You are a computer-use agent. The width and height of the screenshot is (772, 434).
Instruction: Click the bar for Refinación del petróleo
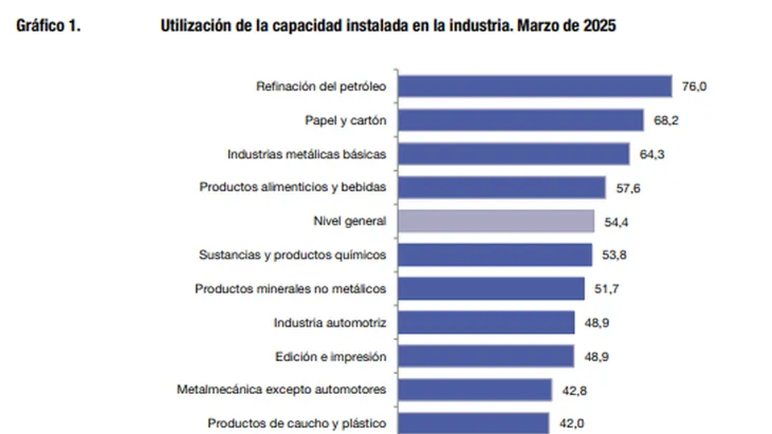(x=535, y=86)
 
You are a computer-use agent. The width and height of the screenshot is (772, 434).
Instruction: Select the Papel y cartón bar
(x=520, y=120)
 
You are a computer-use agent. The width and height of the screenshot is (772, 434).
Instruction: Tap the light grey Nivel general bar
(x=495, y=221)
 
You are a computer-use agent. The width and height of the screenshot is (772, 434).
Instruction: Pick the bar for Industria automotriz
(x=486, y=322)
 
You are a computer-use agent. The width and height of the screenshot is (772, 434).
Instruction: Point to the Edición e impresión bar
(x=486, y=356)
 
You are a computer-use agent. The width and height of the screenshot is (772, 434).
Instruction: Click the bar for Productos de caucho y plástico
(x=473, y=423)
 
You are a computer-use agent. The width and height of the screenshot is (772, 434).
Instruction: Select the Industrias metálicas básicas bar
(x=513, y=154)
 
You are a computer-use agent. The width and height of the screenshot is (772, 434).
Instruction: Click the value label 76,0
(x=694, y=86)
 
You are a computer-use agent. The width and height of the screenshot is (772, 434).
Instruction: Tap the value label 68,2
(x=665, y=120)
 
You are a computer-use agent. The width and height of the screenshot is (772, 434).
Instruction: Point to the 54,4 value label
(x=616, y=221)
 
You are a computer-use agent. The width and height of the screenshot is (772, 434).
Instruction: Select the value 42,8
(x=573, y=390)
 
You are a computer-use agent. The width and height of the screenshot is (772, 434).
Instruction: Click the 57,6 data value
(x=627, y=188)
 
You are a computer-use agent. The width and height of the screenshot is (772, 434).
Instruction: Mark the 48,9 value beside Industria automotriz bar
(x=596, y=322)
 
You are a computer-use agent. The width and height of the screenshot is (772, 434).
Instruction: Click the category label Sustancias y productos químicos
(x=293, y=255)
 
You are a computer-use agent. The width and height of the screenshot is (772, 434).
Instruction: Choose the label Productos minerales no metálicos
(x=291, y=289)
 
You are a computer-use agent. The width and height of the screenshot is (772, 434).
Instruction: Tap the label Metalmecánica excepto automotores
(x=282, y=390)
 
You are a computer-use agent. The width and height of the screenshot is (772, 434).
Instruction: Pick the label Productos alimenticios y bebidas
(x=293, y=188)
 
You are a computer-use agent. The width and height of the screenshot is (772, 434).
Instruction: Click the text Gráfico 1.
(x=49, y=27)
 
